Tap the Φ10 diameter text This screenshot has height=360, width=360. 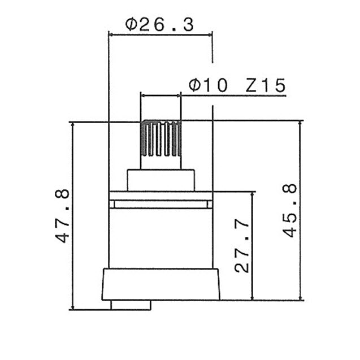208,85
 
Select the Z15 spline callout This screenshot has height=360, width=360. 266,85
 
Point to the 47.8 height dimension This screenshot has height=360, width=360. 62,216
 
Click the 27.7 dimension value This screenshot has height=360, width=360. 242,246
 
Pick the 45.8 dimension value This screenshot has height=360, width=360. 290,210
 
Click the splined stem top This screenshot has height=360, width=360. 161,138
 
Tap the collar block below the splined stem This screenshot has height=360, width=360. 161,180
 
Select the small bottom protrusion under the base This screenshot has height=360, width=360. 131,305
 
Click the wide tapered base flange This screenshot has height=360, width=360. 161,284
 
